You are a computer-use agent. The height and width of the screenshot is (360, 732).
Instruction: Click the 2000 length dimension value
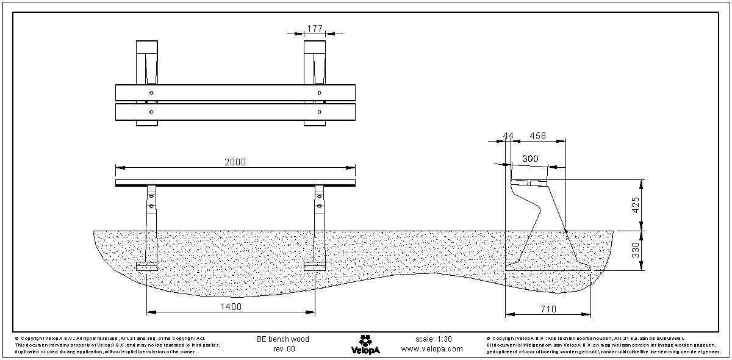click(x=235, y=162)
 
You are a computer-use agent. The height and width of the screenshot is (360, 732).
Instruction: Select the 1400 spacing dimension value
click(x=231, y=307)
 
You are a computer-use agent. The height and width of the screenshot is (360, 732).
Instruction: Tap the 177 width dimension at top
click(x=315, y=28)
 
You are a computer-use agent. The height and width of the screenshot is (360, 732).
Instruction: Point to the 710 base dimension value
click(x=548, y=310)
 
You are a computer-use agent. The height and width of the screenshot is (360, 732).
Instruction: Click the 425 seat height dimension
click(x=635, y=205)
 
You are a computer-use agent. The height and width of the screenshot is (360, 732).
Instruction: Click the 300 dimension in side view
click(x=531, y=159)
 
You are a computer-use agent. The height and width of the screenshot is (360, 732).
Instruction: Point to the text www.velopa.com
click(x=432, y=350)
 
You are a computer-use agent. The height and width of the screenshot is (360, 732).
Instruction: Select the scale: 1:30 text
click(x=433, y=339)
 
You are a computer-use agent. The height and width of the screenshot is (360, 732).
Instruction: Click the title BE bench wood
click(x=283, y=339)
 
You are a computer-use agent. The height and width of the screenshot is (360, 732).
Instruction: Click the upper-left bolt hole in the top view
click(x=151, y=92)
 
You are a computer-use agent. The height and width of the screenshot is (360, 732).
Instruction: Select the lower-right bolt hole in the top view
click(x=319, y=112)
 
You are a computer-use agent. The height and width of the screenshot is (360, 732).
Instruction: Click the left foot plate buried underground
click(x=146, y=267)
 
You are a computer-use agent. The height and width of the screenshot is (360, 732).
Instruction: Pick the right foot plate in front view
click(x=315, y=267)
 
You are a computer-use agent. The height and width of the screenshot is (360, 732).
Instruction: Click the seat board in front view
click(x=235, y=182)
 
